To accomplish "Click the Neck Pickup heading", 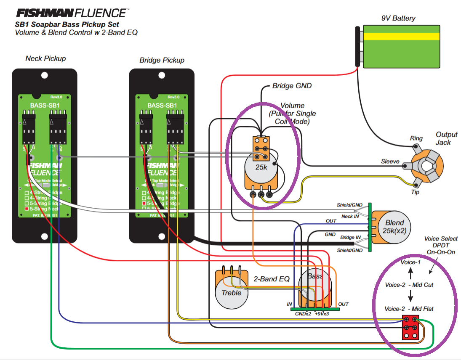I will (x=45, y=58).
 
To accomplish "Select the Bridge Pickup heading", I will (x=162, y=60).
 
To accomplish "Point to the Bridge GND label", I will (x=292, y=86).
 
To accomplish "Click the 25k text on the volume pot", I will (x=261, y=167).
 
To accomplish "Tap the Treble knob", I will (x=231, y=292).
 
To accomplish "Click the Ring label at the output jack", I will (x=416, y=138).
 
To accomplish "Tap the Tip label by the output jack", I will (x=415, y=191).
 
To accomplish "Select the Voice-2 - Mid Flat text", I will (x=409, y=309).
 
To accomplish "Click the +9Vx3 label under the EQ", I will (x=322, y=313).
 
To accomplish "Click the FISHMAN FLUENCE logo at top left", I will (x=72, y=13).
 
